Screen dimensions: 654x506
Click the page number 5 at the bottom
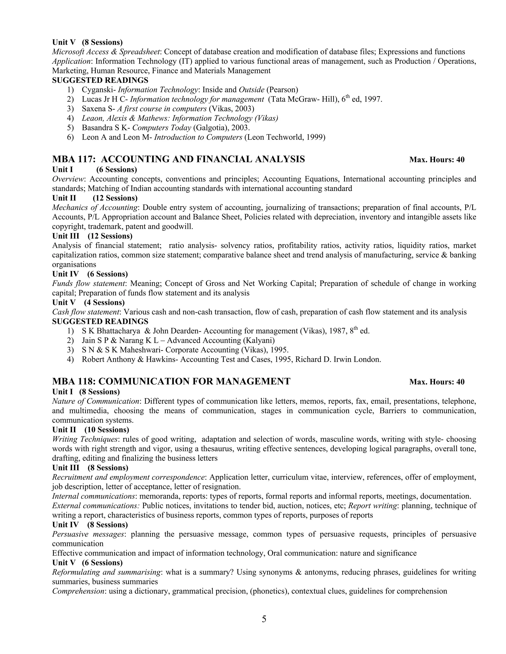click(264, 619)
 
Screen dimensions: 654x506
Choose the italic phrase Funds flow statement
click(88, 283)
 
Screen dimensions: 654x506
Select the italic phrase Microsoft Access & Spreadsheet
click(106, 52)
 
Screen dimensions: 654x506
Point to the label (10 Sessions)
click(107, 430)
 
